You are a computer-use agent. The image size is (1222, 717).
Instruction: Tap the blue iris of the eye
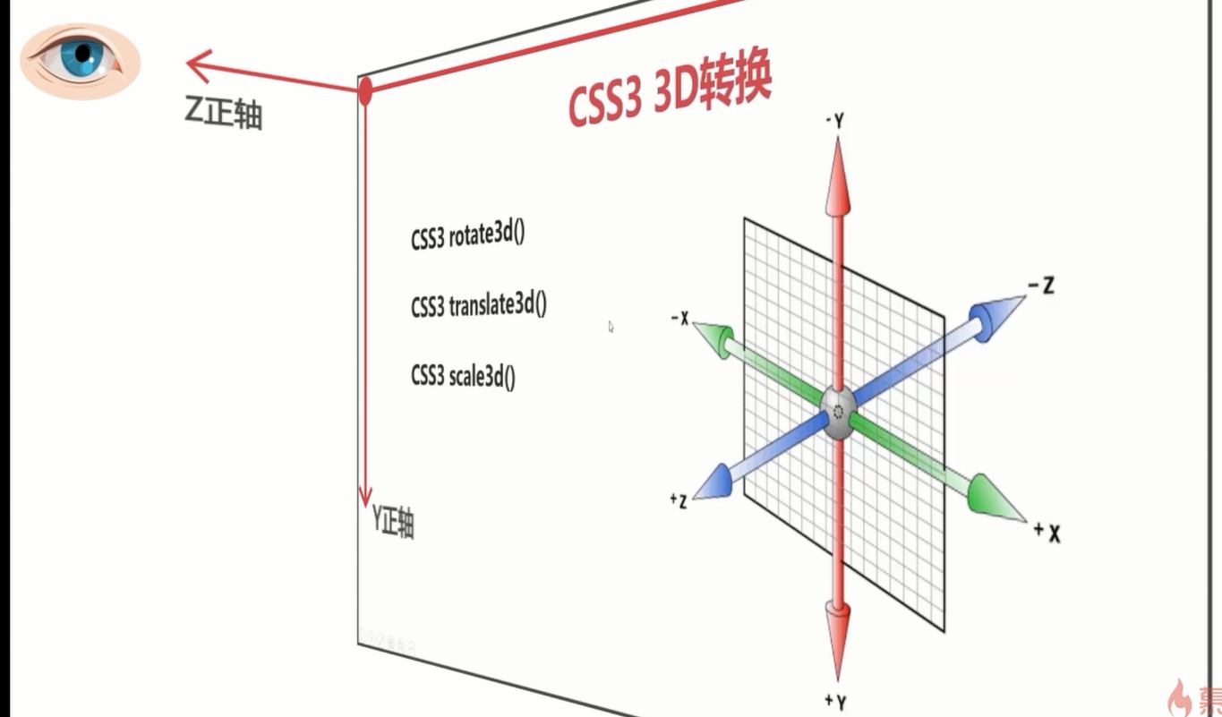[83, 55]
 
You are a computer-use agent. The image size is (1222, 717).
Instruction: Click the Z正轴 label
[224, 114]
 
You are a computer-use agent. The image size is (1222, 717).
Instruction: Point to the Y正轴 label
[393, 522]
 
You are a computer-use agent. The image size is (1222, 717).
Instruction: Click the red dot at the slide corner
[365, 90]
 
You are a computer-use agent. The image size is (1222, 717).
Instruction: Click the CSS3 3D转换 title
[670, 94]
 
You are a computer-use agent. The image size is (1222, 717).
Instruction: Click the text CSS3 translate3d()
[479, 306]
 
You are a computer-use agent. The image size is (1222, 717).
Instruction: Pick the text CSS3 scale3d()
[464, 376]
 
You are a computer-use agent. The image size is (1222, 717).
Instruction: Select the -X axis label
[679, 318]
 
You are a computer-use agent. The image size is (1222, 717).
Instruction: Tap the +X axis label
[1047, 531]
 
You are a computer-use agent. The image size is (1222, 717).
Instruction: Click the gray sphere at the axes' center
[838, 413]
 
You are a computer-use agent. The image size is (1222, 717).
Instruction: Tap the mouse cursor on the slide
[611, 327]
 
